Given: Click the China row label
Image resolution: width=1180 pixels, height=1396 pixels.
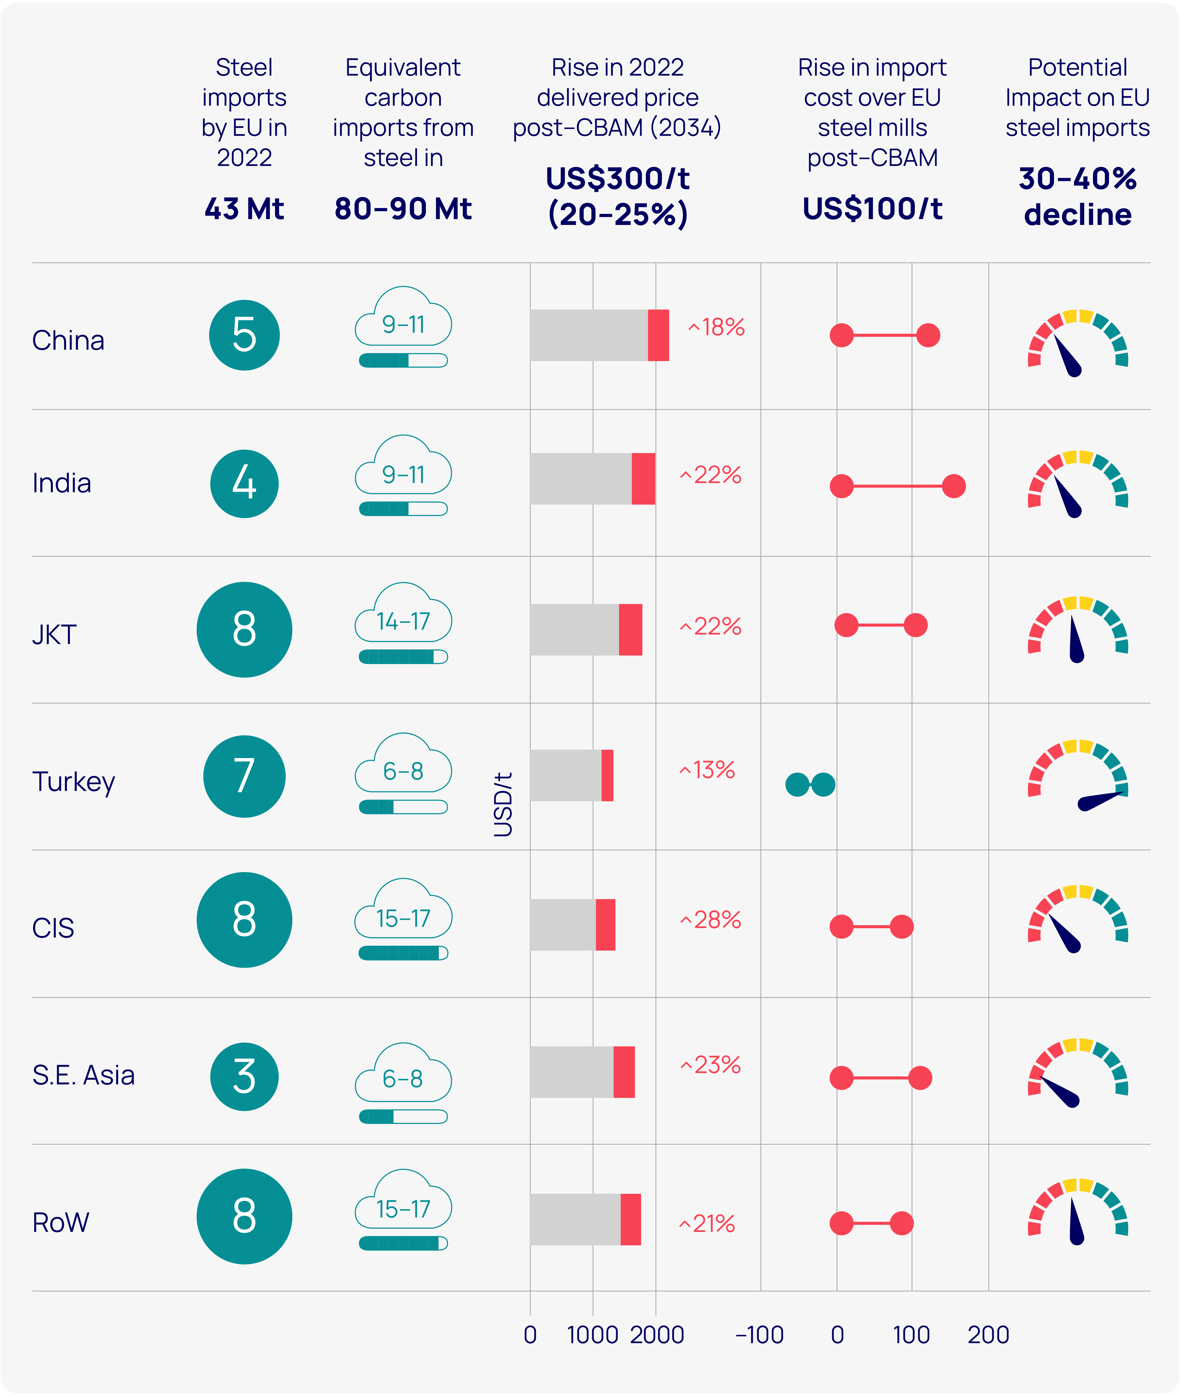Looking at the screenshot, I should [x=68, y=340].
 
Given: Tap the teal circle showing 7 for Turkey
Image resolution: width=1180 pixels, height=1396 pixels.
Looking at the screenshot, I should [x=244, y=777].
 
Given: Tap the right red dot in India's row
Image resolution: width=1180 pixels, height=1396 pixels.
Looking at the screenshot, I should [x=953, y=486].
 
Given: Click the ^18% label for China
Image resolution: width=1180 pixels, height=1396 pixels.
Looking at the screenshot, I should [x=716, y=327].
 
